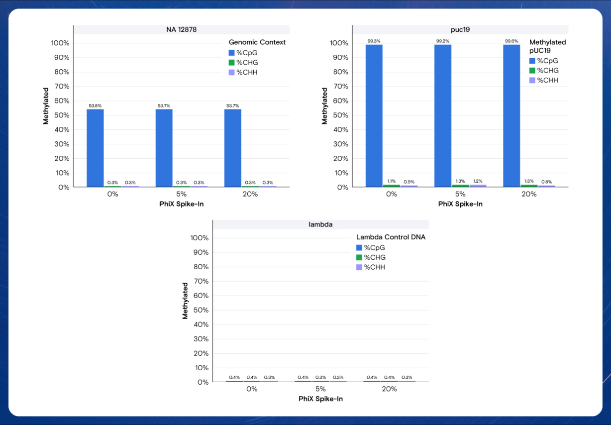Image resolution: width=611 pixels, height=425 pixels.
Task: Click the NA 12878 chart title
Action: [181, 29]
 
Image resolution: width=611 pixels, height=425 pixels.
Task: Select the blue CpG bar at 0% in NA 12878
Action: [95, 148]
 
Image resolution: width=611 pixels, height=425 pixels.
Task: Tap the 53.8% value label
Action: [95, 106]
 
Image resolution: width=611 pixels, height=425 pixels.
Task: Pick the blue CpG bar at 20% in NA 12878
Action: [233, 148]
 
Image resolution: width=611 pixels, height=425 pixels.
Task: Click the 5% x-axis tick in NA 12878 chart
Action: [181, 194]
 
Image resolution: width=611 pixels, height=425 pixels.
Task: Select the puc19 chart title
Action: [460, 29]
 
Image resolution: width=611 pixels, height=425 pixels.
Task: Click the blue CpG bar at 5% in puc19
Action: [443, 115]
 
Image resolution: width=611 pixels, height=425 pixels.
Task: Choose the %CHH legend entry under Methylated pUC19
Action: [547, 80]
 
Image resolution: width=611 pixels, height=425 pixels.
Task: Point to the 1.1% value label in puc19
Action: [392, 181]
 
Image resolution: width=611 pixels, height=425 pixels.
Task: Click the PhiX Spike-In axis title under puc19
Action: [460, 204]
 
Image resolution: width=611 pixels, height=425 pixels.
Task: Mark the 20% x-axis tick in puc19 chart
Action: [529, 194]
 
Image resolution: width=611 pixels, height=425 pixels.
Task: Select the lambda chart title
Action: [320, 224]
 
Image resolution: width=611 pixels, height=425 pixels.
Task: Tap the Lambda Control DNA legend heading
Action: [391, 237]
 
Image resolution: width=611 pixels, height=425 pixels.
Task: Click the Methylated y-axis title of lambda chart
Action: [185, 301]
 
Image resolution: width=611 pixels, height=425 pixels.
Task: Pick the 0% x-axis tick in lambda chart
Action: [252, 389]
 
